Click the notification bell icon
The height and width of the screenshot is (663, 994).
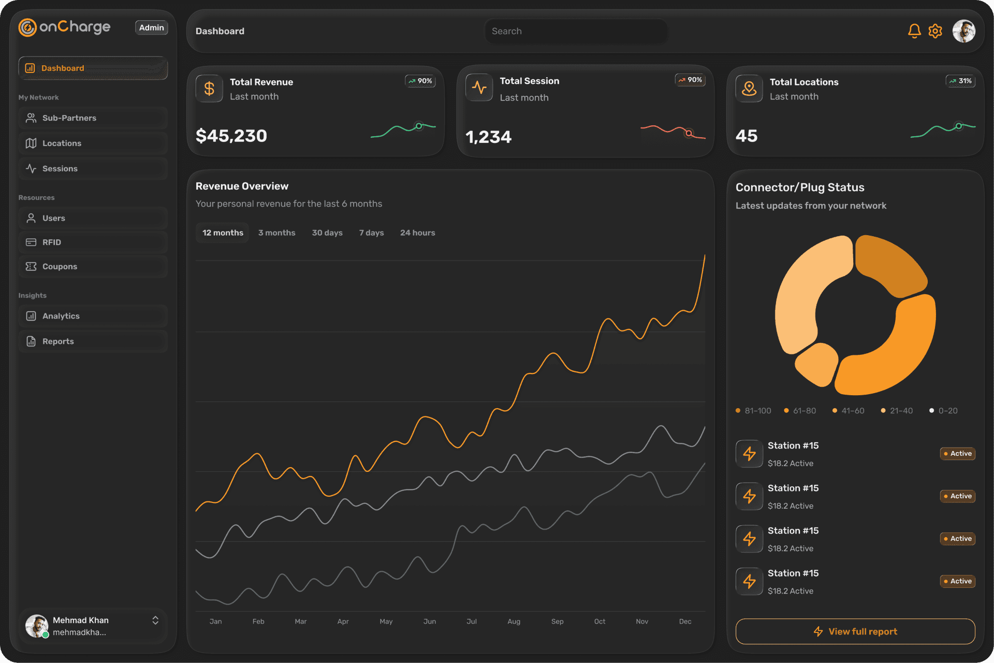[914, 31]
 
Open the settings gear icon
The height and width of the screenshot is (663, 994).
[935, 31]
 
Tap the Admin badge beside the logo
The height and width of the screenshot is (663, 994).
[151, 27]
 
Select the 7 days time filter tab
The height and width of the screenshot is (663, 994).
[371, 233]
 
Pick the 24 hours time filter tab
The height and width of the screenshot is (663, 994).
[417, 233]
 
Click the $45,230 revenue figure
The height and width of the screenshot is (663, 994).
[231, 136]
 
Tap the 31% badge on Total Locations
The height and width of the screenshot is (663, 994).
[960, 81]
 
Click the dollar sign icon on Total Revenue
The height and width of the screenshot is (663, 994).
[209, 89]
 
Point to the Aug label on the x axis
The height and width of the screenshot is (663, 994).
[514, 621]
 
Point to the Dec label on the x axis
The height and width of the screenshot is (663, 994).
[685, 621]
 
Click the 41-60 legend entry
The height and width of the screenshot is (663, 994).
[848, 411]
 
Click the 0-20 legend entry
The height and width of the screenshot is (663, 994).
[944, 411]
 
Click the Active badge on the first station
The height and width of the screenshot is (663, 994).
[957, 453]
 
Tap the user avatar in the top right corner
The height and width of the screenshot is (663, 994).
[963, 31]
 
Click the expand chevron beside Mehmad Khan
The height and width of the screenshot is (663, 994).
[155, 621]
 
